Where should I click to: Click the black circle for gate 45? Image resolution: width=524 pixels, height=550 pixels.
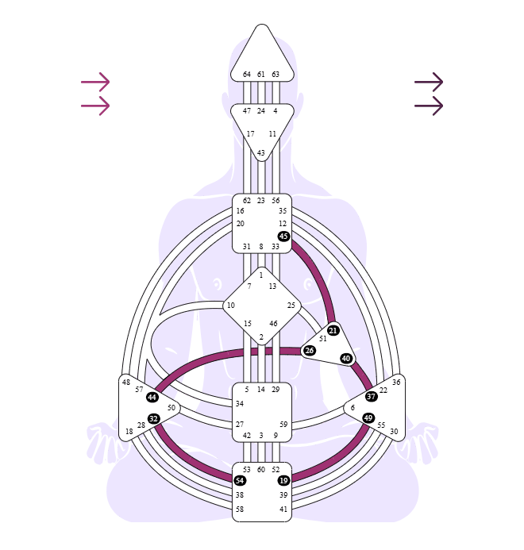click(283, 236)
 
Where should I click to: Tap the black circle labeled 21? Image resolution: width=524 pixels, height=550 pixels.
click(333, 330)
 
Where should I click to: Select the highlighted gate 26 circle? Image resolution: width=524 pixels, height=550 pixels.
click(309, 351)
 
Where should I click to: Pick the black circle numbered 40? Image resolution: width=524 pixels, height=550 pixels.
click(346, 358)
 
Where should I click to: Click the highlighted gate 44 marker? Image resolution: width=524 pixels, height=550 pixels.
click(152, 397)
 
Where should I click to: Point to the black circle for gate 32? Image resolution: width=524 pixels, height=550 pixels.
click(153, 418)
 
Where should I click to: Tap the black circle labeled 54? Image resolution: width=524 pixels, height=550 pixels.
click(240, 480)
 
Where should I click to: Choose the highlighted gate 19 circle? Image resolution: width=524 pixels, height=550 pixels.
click(283, 480)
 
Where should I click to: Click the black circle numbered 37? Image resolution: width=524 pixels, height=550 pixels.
click(371, 396)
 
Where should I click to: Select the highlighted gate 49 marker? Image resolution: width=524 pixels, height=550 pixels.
click(368, 417)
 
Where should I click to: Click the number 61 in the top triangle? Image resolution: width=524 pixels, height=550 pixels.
click(260, 75)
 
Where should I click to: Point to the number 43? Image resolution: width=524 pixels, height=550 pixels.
click(260, 153)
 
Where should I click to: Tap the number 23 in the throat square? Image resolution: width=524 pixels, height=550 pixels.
click(260, 201)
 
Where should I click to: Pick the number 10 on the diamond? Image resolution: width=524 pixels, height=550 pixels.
click(230, 306)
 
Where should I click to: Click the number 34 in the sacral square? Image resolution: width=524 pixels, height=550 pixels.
click(239, 404)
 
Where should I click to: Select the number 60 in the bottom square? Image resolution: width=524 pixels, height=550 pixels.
click(260, 470)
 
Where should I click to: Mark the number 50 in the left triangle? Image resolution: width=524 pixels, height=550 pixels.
click(171, 408)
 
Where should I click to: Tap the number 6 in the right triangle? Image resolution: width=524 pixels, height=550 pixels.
click(353, 408)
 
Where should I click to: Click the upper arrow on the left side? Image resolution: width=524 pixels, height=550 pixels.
click(95, 82)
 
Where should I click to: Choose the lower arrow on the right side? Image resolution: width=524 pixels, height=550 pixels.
click(429, 106)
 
